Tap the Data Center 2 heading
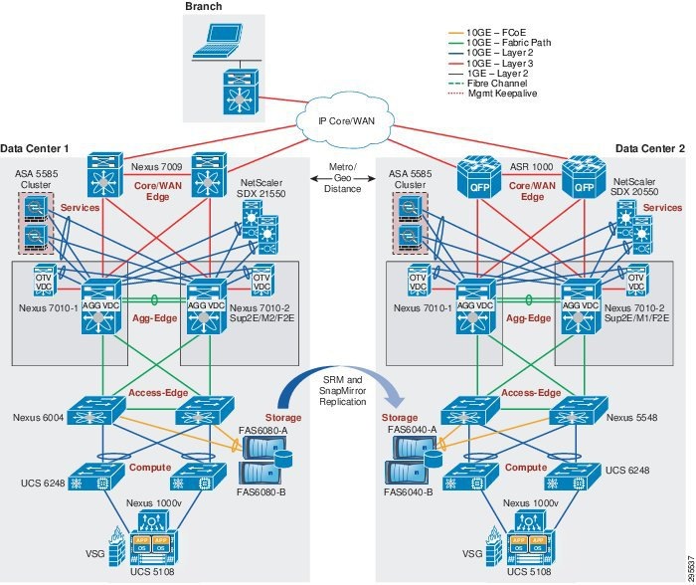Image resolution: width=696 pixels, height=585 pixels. (x=649, y=148)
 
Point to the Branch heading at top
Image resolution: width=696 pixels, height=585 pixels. (x=205, y=8)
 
